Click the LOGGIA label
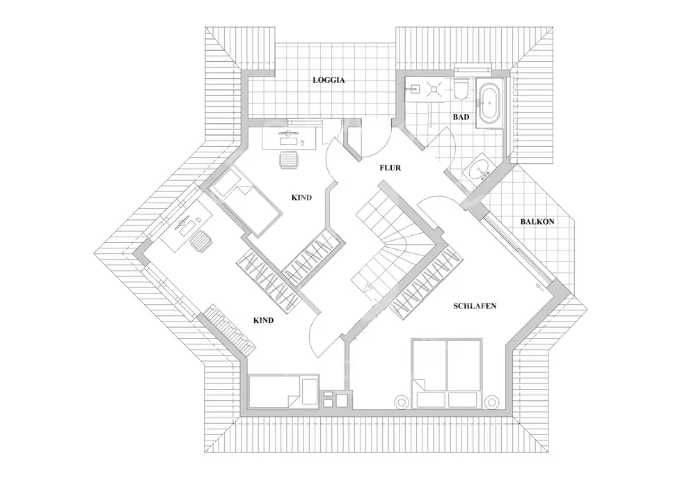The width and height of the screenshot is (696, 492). (x=329, y=80)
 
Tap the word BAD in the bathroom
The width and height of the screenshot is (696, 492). (x=460, y=117)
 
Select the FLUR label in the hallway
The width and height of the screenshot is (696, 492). (x=390, y=168)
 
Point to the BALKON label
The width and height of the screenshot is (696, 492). (x=537, y=222)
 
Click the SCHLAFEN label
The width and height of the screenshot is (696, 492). (x=474, y=306)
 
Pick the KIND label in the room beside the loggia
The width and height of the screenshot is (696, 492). (x=301, y=198)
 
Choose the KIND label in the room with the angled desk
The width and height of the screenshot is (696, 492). (x=262, y=321)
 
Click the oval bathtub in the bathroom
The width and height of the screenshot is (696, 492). (x=489, y=105)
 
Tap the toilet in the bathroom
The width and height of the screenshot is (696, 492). (x=462, y=89)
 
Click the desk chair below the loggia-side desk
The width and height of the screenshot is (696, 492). (x=289, y=160)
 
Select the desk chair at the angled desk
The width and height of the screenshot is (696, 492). (x=200, y=244)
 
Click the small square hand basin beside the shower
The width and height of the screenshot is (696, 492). (x=413, y=88)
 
